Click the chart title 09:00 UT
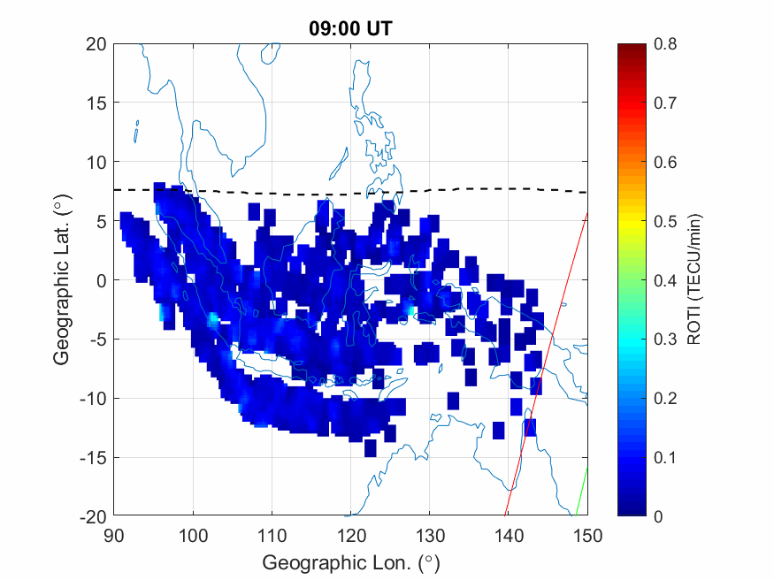350,28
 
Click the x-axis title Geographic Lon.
350,562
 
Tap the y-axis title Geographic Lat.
61,280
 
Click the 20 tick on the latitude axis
96,43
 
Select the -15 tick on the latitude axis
93,457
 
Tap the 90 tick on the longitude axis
113,535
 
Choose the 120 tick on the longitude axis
350,535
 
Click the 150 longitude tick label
588,535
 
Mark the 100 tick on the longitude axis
192,535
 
